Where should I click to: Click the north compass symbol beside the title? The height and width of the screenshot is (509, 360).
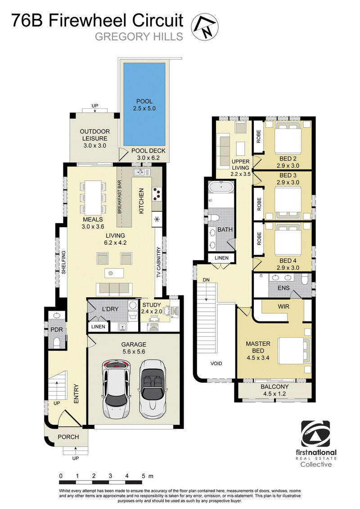pyautogui.click(x=204, y=27)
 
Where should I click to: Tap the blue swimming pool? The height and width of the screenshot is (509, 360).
pyautogui.click(x=144, y=104)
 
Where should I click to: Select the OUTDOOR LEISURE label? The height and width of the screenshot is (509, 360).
pyautogui.click(x=94, y=135)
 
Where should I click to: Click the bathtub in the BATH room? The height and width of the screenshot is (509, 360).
pyautogui.click(x=221, y=188)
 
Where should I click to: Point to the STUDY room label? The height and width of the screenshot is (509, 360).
pyautogui.click(x=151, y=305)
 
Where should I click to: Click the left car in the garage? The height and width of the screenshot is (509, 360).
pyautogui.click(x=116, y=389)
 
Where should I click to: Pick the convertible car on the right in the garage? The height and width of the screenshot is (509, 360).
pyautogui.click(x=153, y=389)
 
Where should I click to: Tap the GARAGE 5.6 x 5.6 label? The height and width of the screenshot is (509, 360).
pyautogui.click(x=134, y=348)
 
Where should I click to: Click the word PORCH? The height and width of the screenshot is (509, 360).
pyautogui.click(x=68, y=437)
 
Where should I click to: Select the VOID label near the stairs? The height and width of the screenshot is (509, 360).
pyautogui.click(x=216, y=363)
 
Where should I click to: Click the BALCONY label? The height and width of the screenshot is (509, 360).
pyautogui.click(x=274, y=387)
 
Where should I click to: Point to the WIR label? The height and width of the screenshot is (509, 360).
pyautogui.click(x=283, y=307)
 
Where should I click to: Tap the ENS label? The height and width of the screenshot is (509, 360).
pyautogui.click(x=283, y=288)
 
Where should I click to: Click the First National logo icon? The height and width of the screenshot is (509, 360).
pyautogui.click(x=315, y=434)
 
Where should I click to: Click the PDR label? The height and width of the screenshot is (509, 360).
pyautogui.click(x=57, y=330)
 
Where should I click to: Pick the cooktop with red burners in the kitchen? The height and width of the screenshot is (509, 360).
pyautogui.click(x=157, y=193)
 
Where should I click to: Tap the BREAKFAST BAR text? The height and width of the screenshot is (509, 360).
pyautogui.click(x=119, y=196)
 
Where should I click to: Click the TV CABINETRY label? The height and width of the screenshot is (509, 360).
pyautogui.click(x=158, y=262)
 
